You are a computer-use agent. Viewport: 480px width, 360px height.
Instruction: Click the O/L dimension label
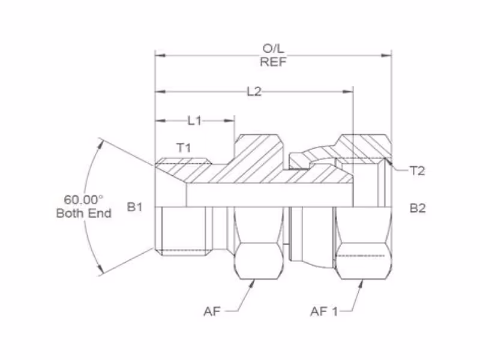pyautogui.click(x=274, y=49)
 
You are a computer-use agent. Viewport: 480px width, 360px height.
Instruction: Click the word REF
pyautogui.click(x=274, y=62)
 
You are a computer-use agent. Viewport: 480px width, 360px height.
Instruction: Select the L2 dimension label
pyautogui.click(x=254, y=92)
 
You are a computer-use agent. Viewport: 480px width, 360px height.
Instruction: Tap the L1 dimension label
pyautogui.click(x=194, y=121)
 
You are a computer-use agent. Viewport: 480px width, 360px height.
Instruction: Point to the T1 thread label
pyautogui.click(x=184, y=148)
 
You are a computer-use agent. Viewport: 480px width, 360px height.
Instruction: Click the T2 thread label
pyautogui.click(x=418, y=171)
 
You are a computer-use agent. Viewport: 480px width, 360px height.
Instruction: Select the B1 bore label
pyautogui.click(x=134, y=207)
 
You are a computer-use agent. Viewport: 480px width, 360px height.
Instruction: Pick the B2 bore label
pyautogui.click(x=418, y=208)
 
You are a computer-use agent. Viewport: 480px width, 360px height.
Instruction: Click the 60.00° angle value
pyautogui.click(x=83, y=200)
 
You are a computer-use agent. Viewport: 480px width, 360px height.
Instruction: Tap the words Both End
pyautogui.click(x=84, y=214)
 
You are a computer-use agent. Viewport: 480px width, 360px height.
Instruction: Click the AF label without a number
pyautogui.click(x=212, y=311)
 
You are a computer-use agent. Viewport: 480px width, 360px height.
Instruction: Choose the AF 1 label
pyautogui.click(x=324, y=311)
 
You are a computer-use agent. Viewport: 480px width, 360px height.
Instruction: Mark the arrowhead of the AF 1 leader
pyautogui.click(x=361, y=284)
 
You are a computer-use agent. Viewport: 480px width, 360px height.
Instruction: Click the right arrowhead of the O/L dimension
pyautogui.click(x=386, y=55)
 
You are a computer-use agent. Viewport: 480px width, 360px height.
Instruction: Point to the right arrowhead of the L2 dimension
pyautogui.click(x=348, y=92)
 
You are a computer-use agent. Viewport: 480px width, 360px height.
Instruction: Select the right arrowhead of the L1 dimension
pyautogui.click(x=229, y=121)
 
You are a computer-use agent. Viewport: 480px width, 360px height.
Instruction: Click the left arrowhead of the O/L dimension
pyautogui.click(x=160, y=55)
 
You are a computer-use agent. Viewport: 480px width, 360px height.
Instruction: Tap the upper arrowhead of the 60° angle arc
pyautogui.click(x=100, y=143)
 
